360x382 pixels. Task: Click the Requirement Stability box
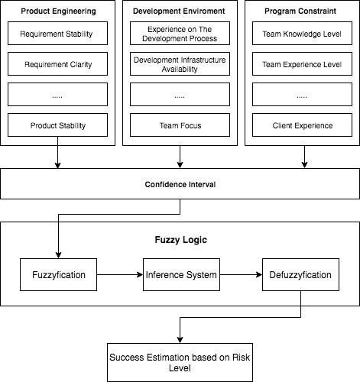(57, 34)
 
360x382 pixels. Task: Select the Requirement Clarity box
(57, 64)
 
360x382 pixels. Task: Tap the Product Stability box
(57, 125)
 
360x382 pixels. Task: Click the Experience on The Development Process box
(180, 34)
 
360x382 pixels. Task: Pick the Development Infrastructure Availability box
(180, 64)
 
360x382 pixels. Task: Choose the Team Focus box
(180, 125)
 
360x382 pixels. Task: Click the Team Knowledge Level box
(302, 34)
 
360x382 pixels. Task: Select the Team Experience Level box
(302, 64)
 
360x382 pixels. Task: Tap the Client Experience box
(302, 125)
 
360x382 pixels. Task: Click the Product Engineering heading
(58, 11)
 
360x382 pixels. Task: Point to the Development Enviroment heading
(179, 11)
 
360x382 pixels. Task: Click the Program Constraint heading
(300, 11)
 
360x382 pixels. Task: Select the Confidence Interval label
(180, 184)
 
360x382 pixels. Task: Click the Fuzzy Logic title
(181, 240)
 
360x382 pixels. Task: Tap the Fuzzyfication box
(58, 275)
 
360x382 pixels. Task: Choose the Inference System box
(181, 275)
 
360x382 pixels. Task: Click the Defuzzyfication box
(300, 275)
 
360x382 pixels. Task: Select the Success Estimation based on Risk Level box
(180, 362)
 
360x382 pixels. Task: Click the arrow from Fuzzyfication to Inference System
(120, 275)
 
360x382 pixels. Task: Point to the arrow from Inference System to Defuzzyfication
(241, 275)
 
